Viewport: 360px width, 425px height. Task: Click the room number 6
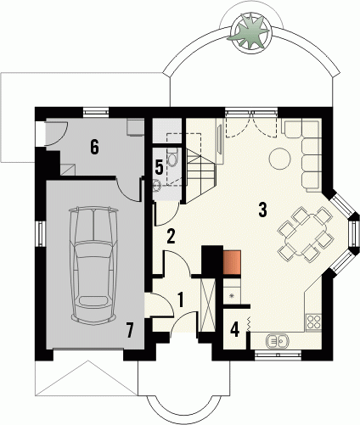pos(94,147)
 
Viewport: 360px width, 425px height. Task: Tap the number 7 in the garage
pos(130,331)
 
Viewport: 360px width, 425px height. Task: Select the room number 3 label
pos(262,210)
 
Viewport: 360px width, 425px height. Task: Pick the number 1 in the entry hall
pos(181,300)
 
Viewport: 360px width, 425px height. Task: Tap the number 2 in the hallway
pos(171,237)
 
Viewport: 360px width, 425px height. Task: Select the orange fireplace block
pos(232,262)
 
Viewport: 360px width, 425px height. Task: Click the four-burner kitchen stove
pos(313,322)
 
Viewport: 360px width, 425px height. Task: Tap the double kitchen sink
pos(277,341)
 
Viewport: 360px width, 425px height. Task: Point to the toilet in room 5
pos(172,158)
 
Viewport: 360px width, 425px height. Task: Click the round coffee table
pos(279,159)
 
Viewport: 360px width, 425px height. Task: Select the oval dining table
pos(306,234)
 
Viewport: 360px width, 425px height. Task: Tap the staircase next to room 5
pos(200,176)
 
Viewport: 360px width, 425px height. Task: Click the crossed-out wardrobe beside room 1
pos(207,305)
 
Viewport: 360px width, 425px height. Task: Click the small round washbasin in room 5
pos(156,186)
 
